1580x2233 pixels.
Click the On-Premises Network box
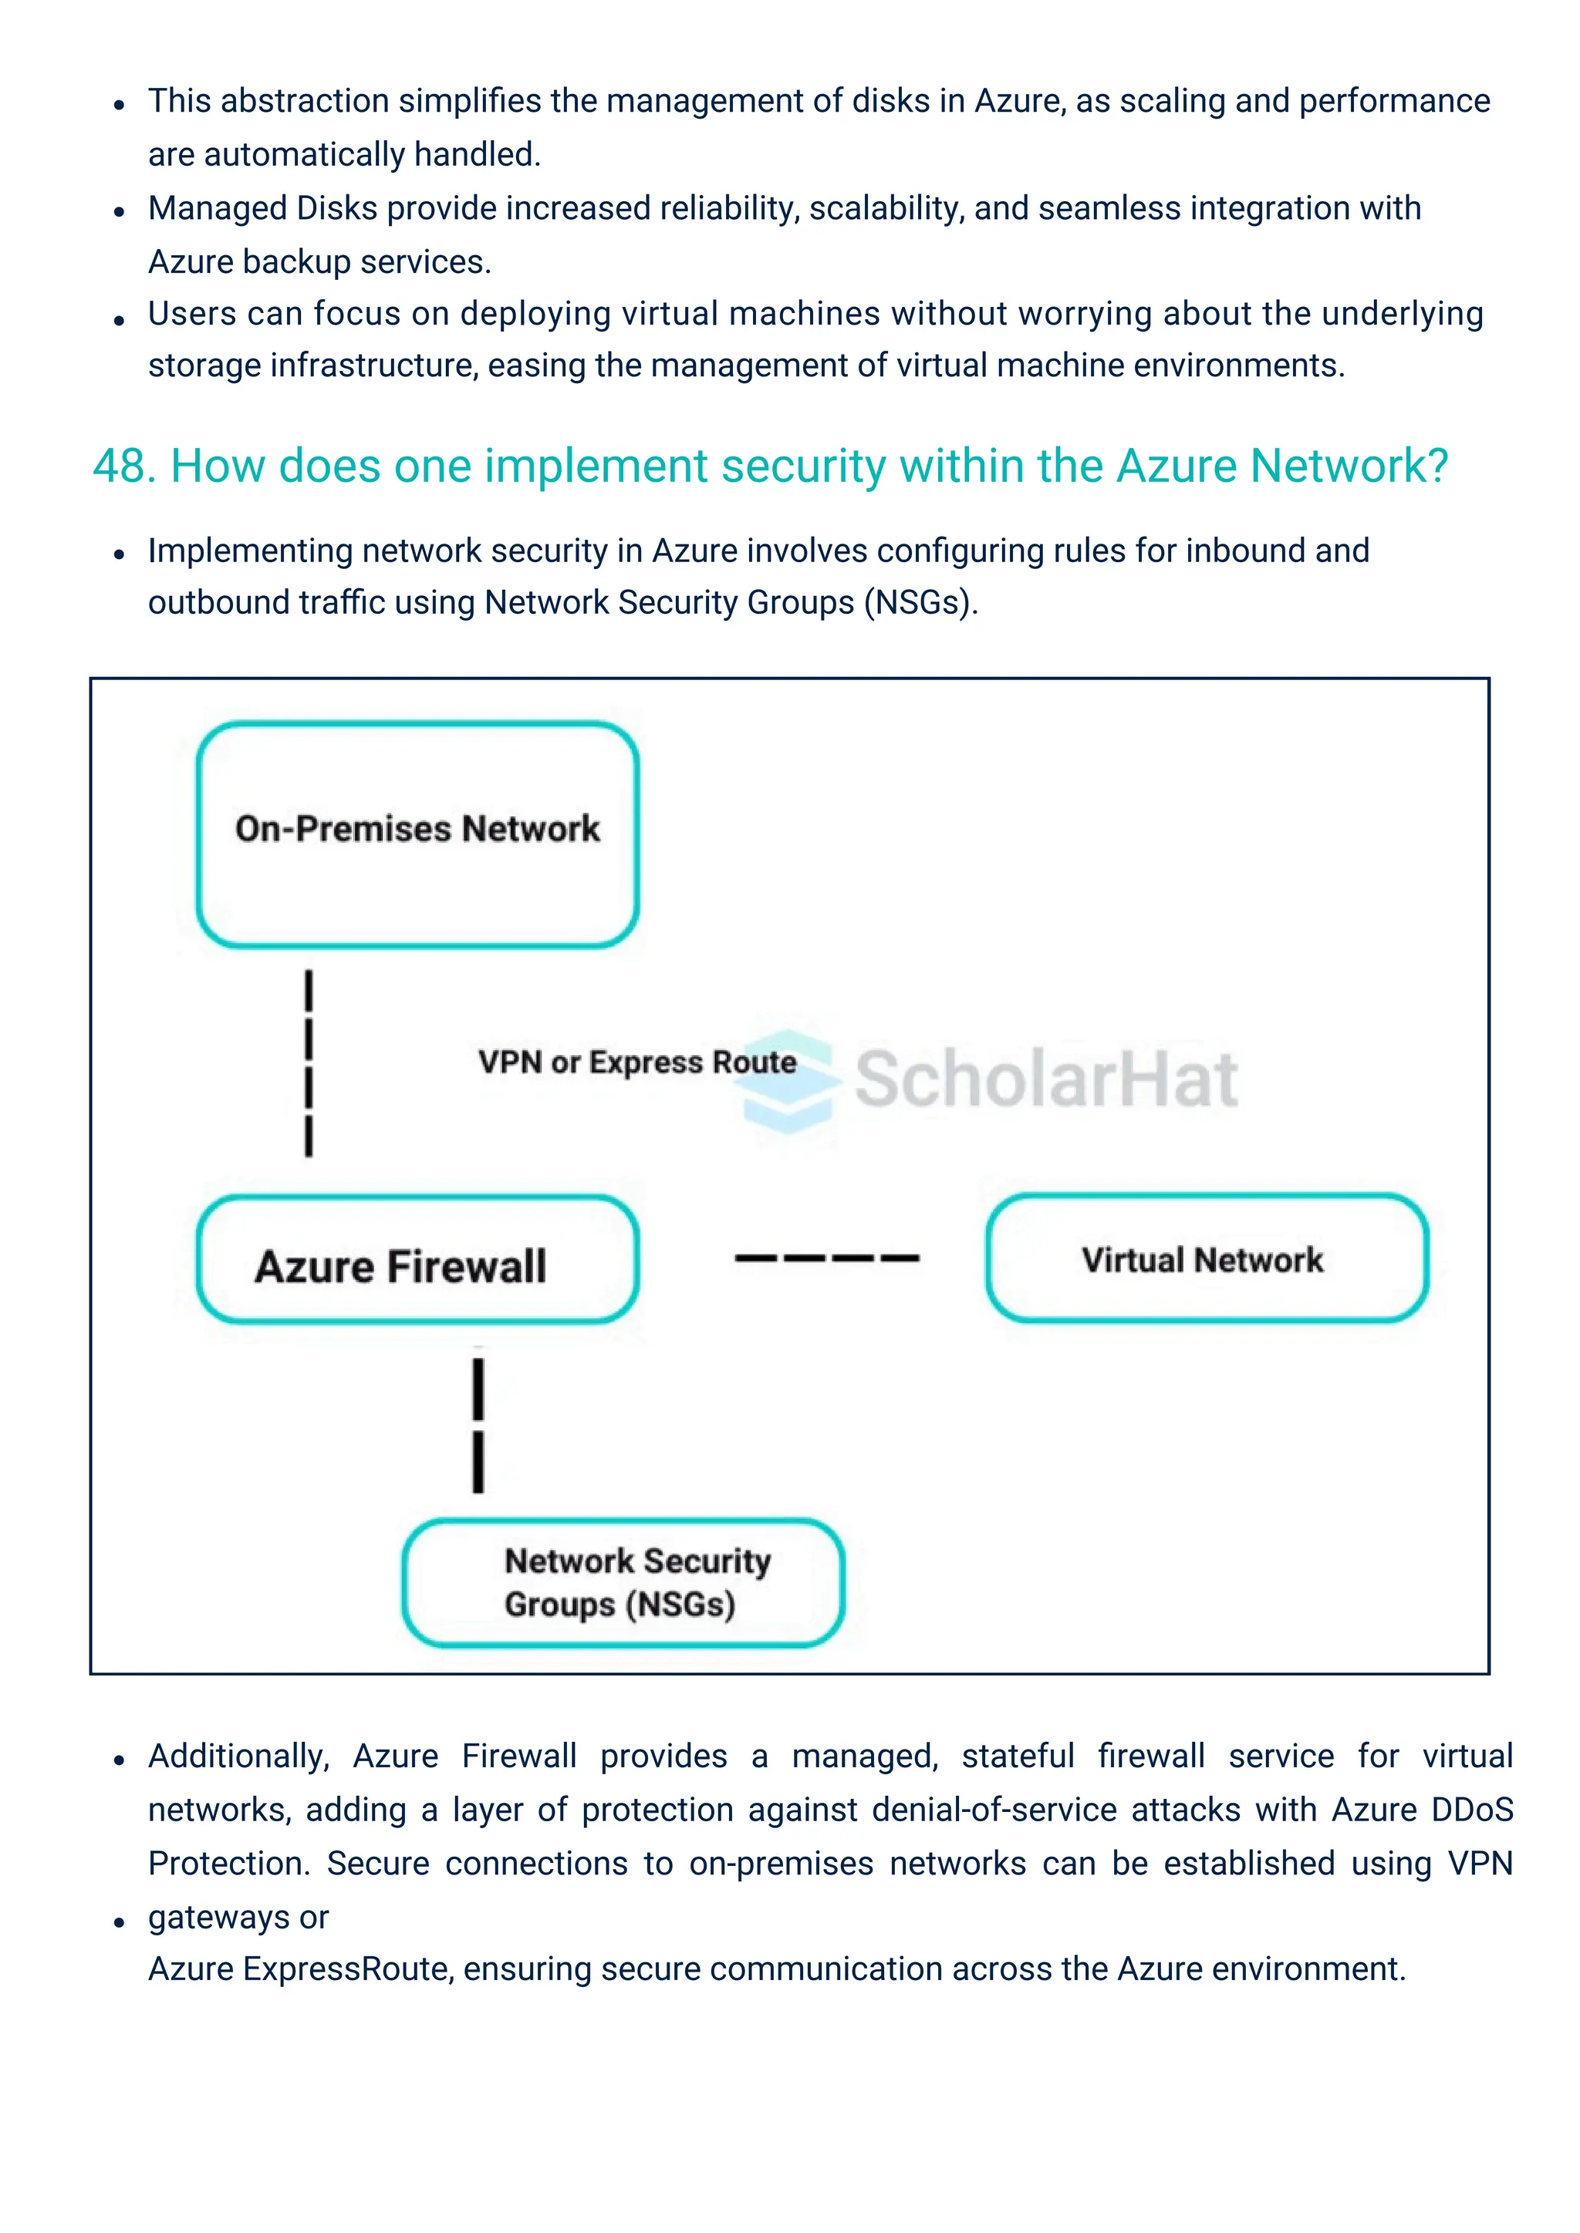pyautogui.click(x=417, y=834)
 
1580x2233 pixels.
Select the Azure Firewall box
pyautogui.click(x=417, y=1261)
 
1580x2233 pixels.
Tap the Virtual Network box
pyautogui.click(x=1207, y=1258)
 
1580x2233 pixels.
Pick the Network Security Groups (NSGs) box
pyautogui.click(x=623, y=1582)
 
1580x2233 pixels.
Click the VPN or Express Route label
pyautogui.click(x=636, y=1061)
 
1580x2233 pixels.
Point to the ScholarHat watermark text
pyautogui.click(x=1046, y=1079)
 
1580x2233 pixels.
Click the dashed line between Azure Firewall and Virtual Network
pyautogui.click(x=826, y=1258)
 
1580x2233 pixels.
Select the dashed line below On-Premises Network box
pyautogui.click(x=309, y=1063)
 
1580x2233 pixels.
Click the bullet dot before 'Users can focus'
pyautogui.click(x=119, y=319)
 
